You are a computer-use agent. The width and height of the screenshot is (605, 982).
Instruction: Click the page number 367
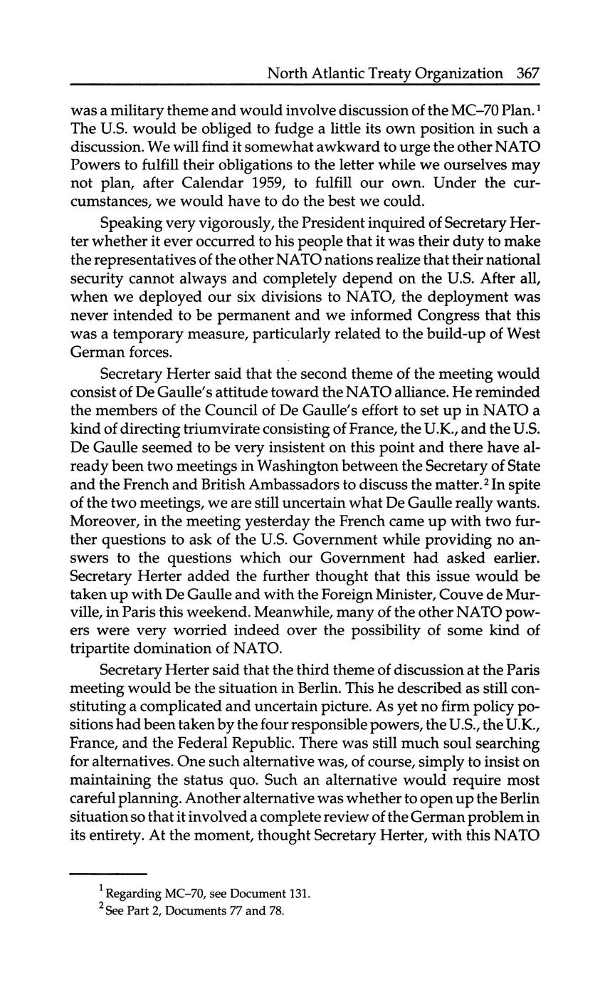point(528,73)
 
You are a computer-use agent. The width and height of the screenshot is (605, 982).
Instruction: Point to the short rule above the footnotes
point(108,873)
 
